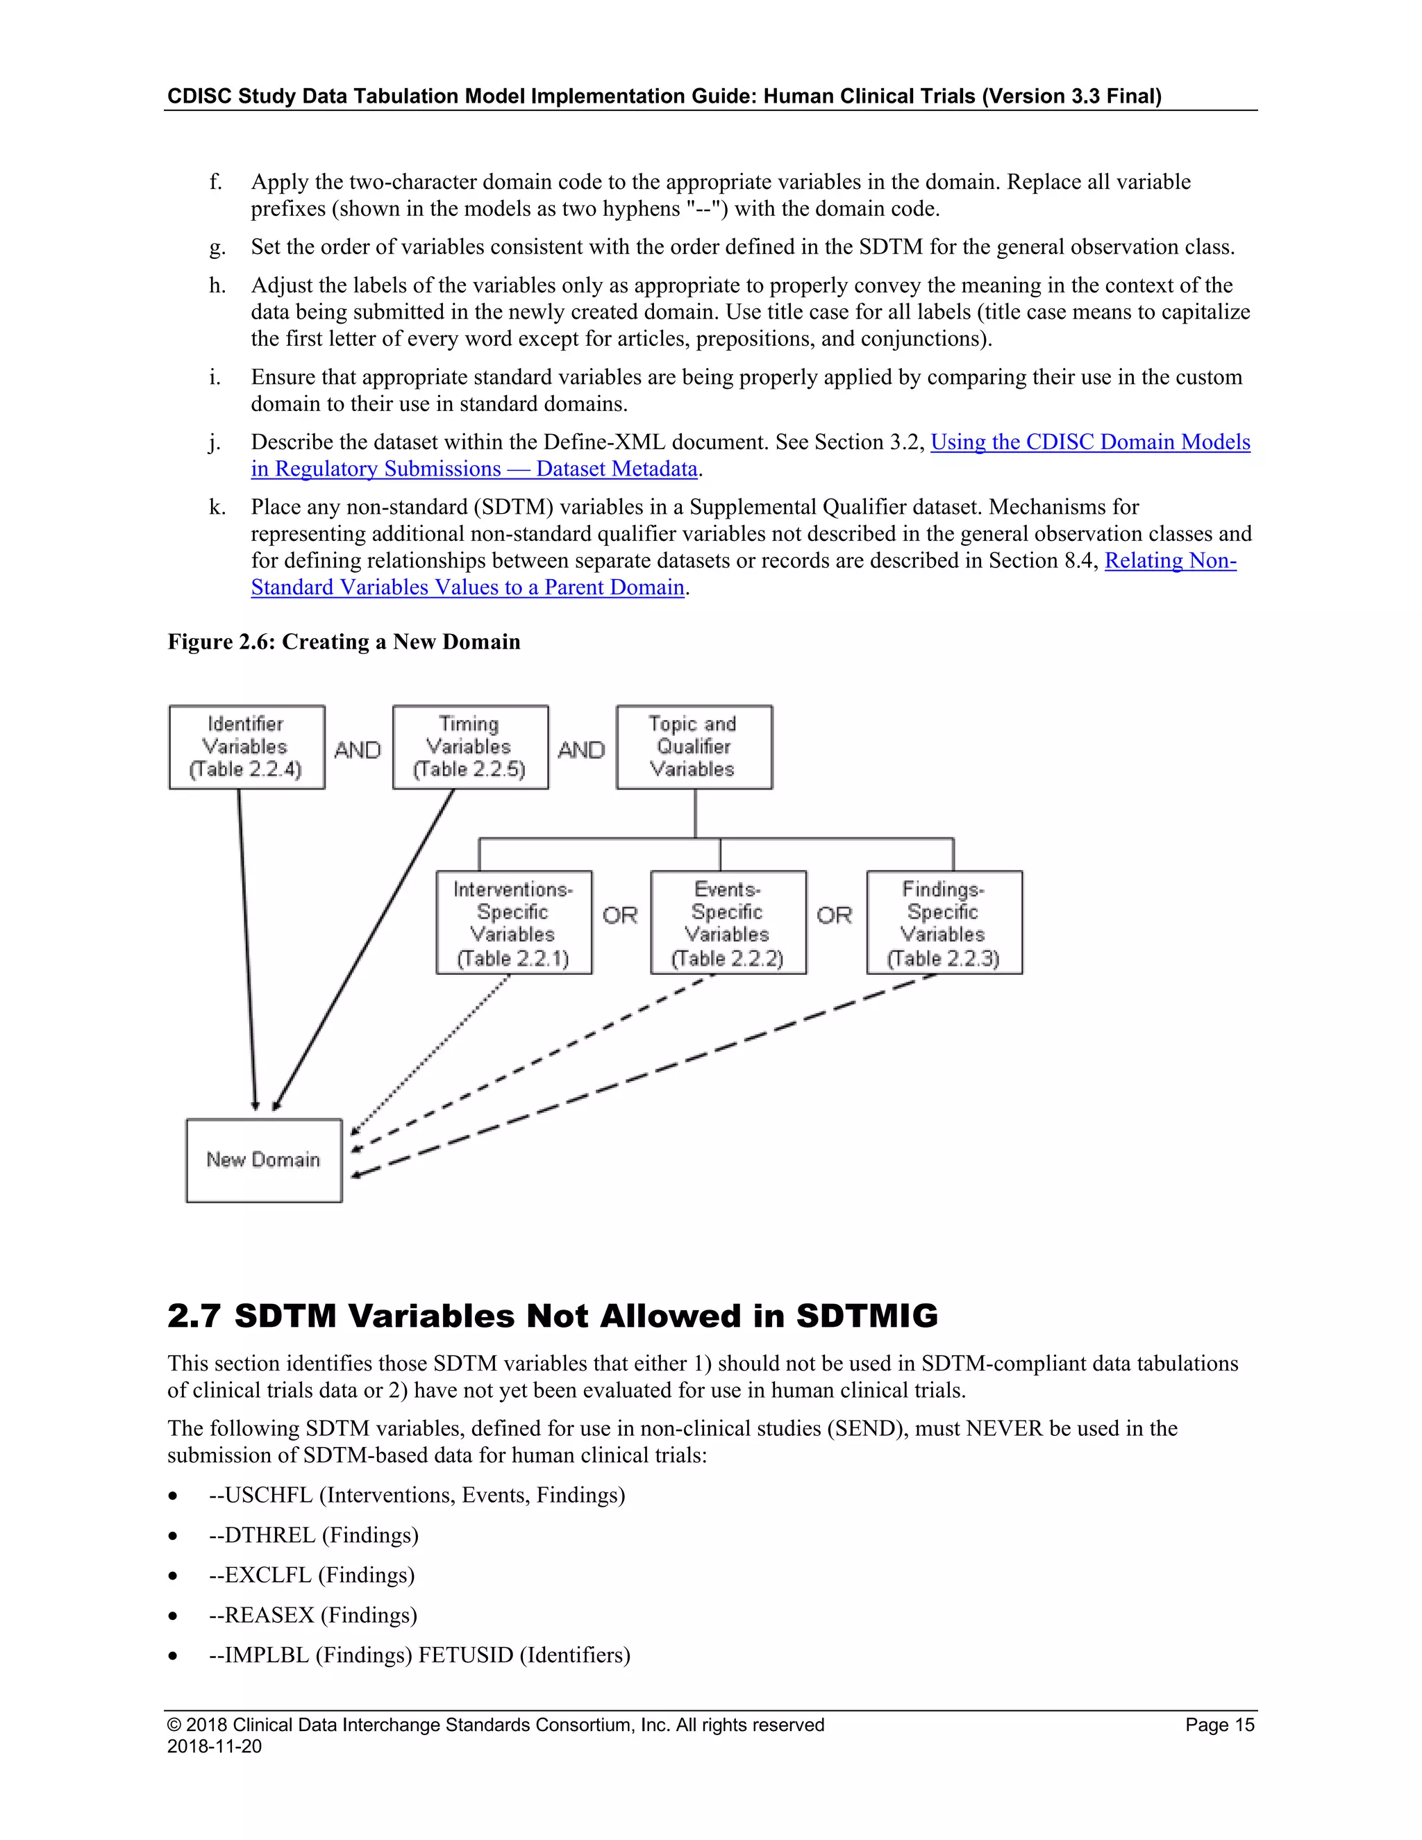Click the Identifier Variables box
(x=246, y=746)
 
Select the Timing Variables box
(x=470, y=746)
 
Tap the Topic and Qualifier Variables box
(x=694, y=746)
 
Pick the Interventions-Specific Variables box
(x=513, y=923)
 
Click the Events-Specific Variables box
(x=728, y=923)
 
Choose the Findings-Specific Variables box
(x=944, y=923)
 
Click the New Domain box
(x=264, y=1160)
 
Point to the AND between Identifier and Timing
(x=358, y=750)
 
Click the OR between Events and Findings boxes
(x=834, y=915)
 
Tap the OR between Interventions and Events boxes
(x=620, y=915)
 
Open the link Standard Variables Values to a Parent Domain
(x=467, y=587)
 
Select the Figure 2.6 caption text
(x=344, y=642)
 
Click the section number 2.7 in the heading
(x=194, y=1316)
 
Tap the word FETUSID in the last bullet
(x=466, y=1655)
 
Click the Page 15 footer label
(x=1219, y=1725)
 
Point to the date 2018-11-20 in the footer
(x=214, y=1746)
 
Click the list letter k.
(x=217, y=507)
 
